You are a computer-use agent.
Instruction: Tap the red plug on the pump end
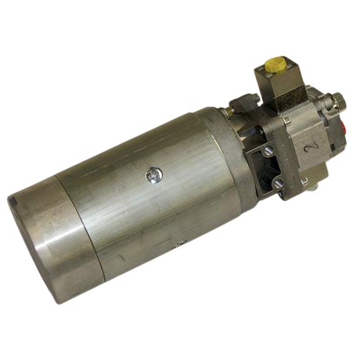pos(342,128)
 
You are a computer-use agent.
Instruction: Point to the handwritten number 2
pos(311,147)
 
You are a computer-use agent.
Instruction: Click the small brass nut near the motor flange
pos(230,111)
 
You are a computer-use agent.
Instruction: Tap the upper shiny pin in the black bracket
pos(267,151)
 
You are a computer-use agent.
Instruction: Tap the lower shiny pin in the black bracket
pos(279,182)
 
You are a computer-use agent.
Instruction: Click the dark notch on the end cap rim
pos(13,200)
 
